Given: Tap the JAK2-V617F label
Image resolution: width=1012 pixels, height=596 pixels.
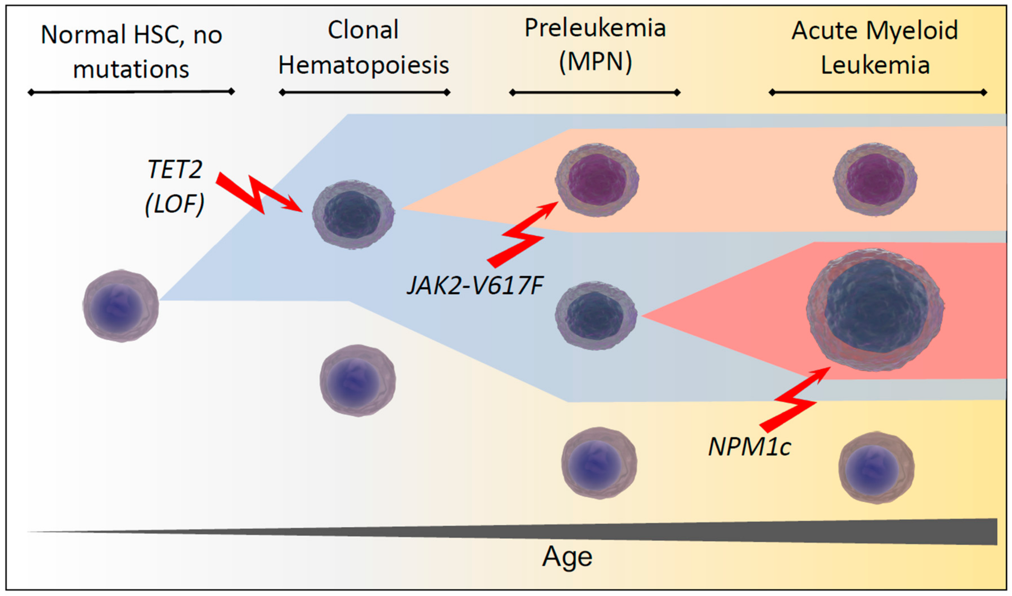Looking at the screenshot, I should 475,286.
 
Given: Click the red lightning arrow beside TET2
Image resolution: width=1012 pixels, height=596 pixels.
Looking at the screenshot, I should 257,193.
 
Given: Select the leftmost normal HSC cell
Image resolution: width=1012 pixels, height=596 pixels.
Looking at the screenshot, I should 120,306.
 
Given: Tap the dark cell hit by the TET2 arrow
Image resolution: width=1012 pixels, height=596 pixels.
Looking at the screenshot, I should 353,215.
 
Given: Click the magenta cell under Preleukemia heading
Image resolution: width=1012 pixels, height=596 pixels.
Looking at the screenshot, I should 597,180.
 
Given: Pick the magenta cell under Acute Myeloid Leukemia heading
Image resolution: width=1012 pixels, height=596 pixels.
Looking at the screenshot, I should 875,179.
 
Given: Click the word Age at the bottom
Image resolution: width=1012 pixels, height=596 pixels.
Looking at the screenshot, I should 567,557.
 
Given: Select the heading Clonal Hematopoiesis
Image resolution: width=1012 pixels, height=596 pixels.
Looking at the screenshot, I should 364,47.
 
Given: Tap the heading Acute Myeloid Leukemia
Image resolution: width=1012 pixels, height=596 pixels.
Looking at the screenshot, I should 875,47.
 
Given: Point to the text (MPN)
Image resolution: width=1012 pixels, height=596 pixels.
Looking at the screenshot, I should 595,62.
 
